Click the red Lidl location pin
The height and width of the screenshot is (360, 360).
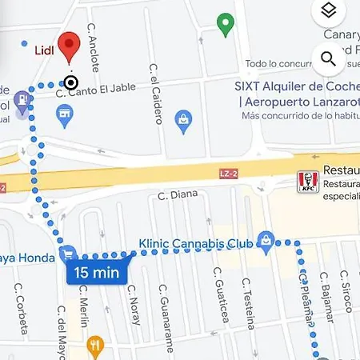tap(70, 46)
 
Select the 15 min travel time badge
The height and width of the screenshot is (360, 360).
tap(97, 272)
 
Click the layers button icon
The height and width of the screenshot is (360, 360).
tap(327, 10)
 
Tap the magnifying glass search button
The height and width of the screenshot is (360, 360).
tap(327, 58)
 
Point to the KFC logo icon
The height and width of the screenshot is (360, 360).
tap(304, 182)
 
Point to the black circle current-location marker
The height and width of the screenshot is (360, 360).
tap(71, 82)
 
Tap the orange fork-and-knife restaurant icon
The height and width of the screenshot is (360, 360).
tap(97, 346)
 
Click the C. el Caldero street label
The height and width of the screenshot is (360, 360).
tap(155, 102)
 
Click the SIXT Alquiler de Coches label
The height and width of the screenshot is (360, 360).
tap(296, 86)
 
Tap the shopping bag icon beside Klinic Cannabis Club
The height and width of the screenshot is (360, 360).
tap(266, 239)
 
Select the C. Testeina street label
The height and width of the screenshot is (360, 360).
tap(249, 305)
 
